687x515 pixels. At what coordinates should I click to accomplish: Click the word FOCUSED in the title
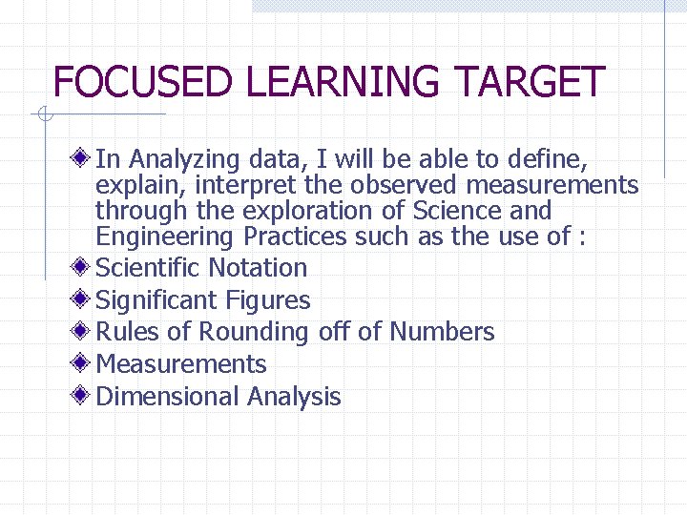(142, 82)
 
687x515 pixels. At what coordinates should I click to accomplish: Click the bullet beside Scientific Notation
(84, 267)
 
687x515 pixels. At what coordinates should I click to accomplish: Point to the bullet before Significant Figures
(84, 299)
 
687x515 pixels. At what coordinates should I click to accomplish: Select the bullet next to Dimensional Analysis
(84, 396)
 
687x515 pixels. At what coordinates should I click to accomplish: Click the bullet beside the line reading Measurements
(84, 363)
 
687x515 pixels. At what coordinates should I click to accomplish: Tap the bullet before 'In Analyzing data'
(84, 157)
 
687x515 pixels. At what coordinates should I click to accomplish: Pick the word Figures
(268, 300)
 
